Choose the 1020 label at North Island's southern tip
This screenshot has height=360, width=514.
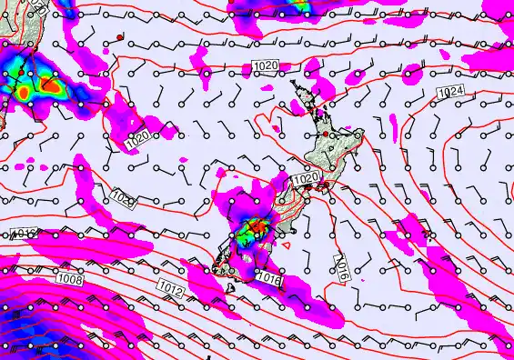tap(307, 179)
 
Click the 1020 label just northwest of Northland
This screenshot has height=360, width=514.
tap(266, 66)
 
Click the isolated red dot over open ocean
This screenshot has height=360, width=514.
tap(119, 36)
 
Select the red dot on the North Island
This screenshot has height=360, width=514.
tap(325, 135)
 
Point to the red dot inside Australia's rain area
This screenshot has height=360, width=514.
tap(16, 72)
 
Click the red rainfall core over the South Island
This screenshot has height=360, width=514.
tap(257, 225)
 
